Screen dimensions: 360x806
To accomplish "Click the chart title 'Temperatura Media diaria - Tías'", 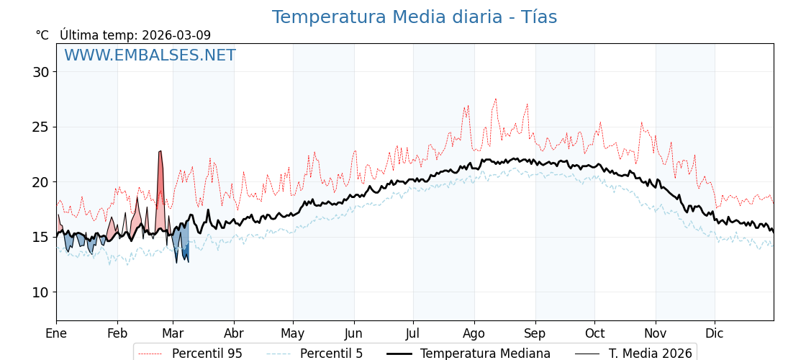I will point(414,17).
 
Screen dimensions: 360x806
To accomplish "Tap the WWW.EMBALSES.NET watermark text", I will point(150,55).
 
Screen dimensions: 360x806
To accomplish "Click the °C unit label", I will point(42,35).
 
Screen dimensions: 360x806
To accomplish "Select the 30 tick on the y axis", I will point(40,72).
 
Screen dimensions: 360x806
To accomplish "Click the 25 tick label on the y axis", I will point(40,127).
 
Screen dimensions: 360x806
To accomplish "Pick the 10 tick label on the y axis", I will point(40,292).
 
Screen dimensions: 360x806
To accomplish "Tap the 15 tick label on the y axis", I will point(40,238).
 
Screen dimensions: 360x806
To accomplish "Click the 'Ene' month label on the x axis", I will point(56,333).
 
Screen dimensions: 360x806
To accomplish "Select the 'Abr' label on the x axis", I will point(234,333).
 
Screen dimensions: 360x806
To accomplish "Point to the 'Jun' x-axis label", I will point(353,333).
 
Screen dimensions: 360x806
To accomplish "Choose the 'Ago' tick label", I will point(474,333).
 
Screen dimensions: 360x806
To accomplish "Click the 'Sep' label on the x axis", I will point(535,333).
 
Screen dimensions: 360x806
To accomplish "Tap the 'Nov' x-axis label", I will point(656,333).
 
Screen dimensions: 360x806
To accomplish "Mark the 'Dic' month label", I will point(715,333).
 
